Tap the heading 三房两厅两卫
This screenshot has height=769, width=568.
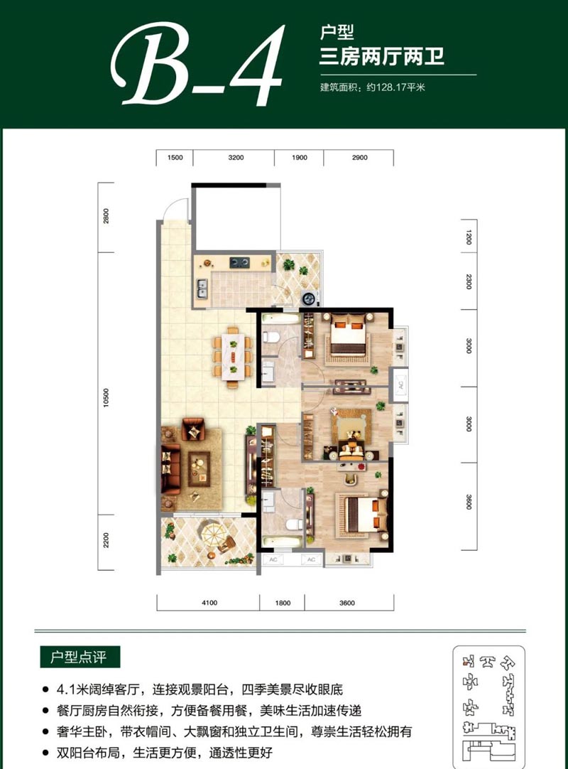pyautogui.click(x=382, y=56)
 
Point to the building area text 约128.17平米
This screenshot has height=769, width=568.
pyautogui.click(x=396, y=87)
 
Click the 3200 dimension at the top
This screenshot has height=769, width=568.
pyautogui.click(x=236, y=158)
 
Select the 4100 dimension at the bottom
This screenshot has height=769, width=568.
pyautogui.click(x=209, y=603)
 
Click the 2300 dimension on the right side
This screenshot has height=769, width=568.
pyautogui.click(x=469, y=281)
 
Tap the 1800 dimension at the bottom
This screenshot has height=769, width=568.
pyautogui.click(x=283, y=603)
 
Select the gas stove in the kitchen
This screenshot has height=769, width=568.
pyautogui.click(x=240, y=262)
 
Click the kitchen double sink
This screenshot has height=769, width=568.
pyautogui.click(x=202, y=289)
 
